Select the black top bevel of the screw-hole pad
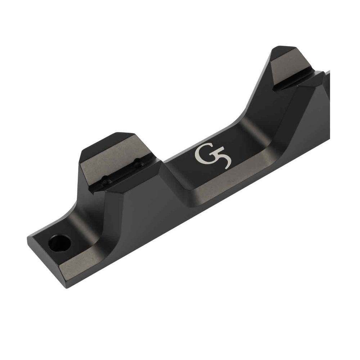(x=104, y=142)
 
